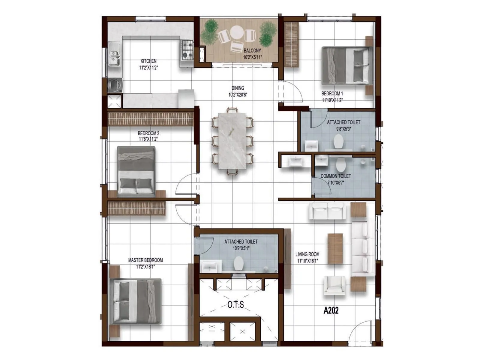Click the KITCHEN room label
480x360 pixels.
pos(148,61)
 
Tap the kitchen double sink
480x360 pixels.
pos(114,57)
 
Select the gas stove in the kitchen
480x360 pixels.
pos(187,50)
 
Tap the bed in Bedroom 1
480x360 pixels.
pos(346,65)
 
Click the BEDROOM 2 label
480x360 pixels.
pos(148,133)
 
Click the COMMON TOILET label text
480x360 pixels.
pos(336,176)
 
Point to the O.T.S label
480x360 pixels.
pos(235,305)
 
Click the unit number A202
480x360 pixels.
pos(331,310)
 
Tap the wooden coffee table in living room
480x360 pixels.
pos(335,249)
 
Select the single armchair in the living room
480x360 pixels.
pos(334,286)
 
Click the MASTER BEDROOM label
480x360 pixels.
pos(145,260)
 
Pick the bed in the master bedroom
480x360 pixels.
pos(136,301)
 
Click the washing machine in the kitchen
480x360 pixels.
pos(115,85)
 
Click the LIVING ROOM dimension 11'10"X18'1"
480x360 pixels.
pos(307,261)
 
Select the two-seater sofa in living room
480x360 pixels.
pos(327,210)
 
